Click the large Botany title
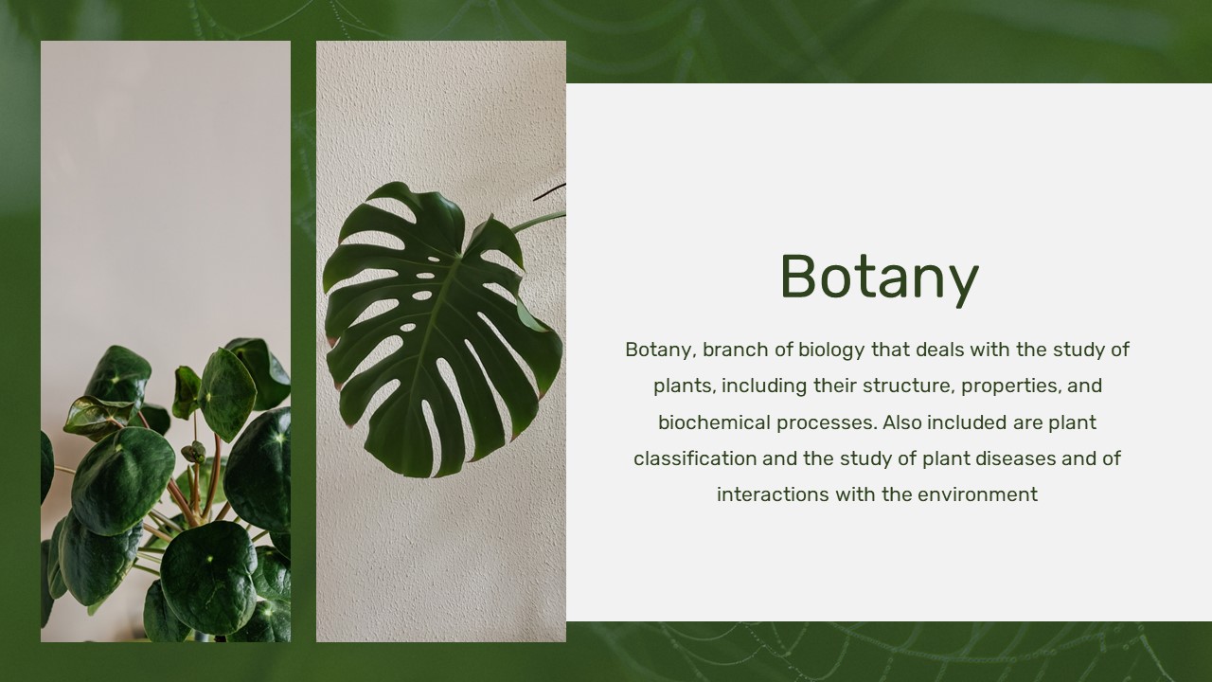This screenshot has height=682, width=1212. (x=880, y=278)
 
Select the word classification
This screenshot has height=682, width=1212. (x=695, y=458)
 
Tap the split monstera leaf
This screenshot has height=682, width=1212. (x=441, y=331)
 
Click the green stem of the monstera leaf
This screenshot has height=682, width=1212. (x=538, y=222)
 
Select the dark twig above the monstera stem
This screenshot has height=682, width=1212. (x=549, y=191)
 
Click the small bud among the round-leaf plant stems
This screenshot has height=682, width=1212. (x=194, y=452)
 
